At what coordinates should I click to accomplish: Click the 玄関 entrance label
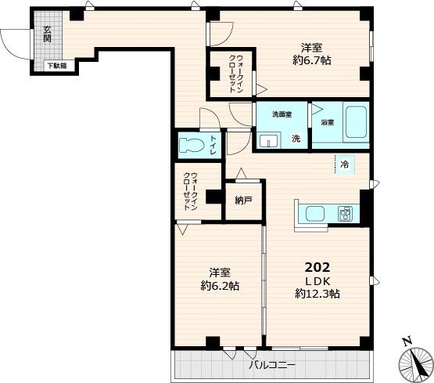[x=48, y=34]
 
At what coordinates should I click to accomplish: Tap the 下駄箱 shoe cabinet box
[x=56, y=66]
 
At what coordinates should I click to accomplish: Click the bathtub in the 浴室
[x=356, y=123]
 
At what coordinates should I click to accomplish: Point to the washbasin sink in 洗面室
[x=269, y=140]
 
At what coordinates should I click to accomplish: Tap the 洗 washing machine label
[x=296, y=138]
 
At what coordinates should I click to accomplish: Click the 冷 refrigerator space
[x=345, y=164]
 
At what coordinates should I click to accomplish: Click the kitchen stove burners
[x=345, y=214]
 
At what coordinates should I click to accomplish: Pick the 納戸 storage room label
[x=243, y=200]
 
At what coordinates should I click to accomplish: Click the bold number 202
[x=317, y=267]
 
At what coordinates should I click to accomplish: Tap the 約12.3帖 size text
[x=317, y=294]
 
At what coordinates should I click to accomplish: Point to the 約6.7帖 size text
[x=312, y=60]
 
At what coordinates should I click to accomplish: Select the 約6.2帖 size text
[x=220, y=286]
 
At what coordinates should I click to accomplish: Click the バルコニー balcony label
[x=272, y=365]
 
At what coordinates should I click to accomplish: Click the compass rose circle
[x=416, y=364]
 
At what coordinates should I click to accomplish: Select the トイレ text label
[x=213, y=145]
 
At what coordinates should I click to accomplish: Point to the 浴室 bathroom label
[x=328, y=122]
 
